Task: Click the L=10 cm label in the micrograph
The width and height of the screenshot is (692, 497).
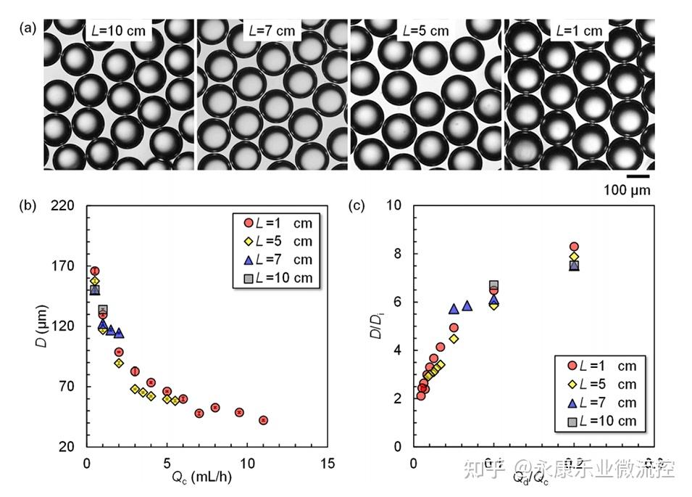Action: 119,31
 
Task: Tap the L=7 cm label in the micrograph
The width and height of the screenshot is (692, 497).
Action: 270,31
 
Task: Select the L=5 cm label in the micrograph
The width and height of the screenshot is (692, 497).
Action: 424,31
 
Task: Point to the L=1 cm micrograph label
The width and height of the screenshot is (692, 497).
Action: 579,31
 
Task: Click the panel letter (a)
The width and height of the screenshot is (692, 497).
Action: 30,29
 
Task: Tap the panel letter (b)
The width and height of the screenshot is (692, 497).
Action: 30,205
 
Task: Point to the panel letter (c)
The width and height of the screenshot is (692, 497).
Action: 357,205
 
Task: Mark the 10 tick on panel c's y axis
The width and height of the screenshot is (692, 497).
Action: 395,206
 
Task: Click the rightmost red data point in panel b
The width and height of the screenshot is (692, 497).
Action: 264,420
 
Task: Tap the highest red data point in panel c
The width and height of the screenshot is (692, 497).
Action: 574,247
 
